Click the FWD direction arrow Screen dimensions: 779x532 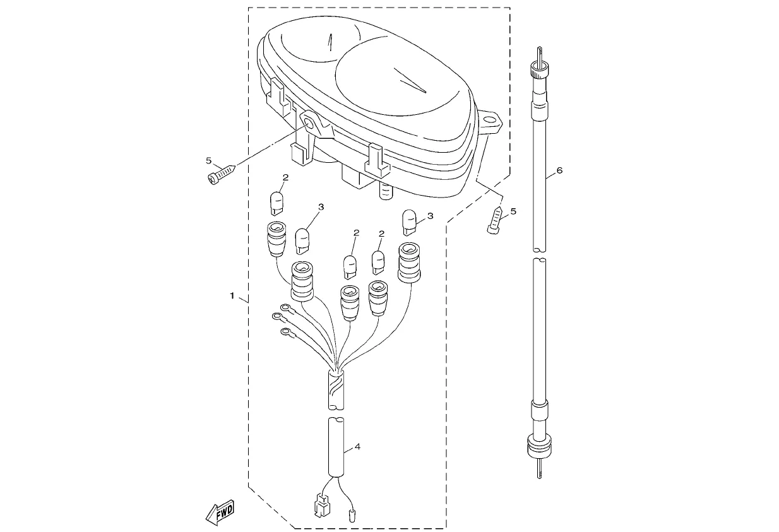220,512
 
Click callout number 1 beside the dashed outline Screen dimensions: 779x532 232,296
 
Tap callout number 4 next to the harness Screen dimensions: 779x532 357,446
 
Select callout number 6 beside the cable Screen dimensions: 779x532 559,170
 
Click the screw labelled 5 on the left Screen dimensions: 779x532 221,175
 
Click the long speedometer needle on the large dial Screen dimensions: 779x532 410,80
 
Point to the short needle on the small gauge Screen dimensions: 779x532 330,43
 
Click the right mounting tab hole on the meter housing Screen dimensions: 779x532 489,121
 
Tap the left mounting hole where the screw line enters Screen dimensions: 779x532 309,122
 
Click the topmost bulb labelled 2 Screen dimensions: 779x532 277,203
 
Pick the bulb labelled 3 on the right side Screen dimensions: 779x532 409,222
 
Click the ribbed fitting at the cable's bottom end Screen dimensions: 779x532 539,446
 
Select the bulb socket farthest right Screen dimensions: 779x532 409,262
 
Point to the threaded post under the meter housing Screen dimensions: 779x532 385,191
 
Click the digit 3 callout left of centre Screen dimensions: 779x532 321,207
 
